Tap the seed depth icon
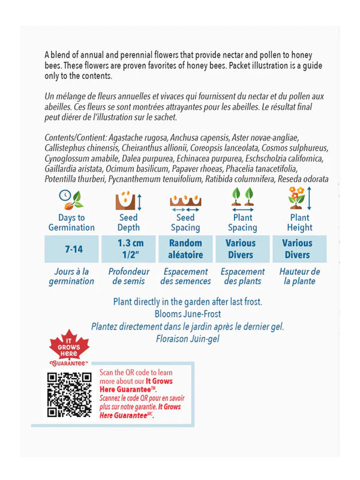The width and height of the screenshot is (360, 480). click(128, 199)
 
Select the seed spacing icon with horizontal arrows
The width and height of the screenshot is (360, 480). click(185, 200)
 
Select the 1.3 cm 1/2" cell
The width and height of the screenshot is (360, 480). click(128, 248)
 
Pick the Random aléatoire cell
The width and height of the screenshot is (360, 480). click(185, 248)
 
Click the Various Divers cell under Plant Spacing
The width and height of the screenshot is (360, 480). click(242, 248)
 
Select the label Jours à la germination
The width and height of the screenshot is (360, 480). click(71, 276)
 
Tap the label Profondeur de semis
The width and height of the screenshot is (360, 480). click(128, 276)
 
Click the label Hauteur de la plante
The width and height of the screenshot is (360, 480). click(299, 276)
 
